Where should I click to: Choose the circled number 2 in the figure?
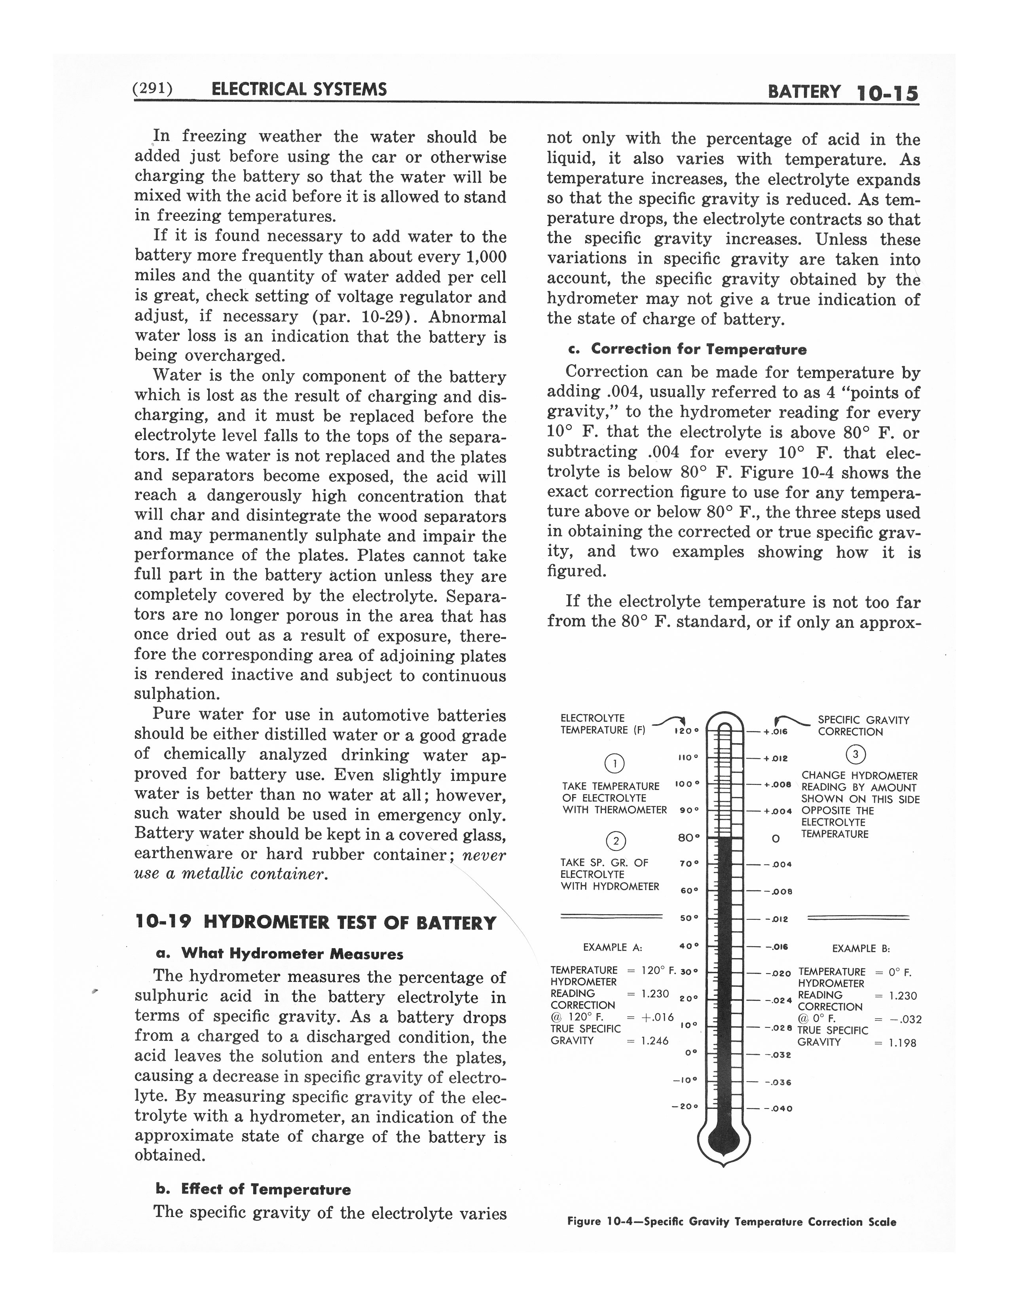(x=616, y=841)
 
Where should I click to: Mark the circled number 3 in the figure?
(x=856, y=754)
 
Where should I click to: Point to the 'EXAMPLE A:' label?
(x=612, y=947)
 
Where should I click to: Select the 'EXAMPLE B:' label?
(x=861, y=948)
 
